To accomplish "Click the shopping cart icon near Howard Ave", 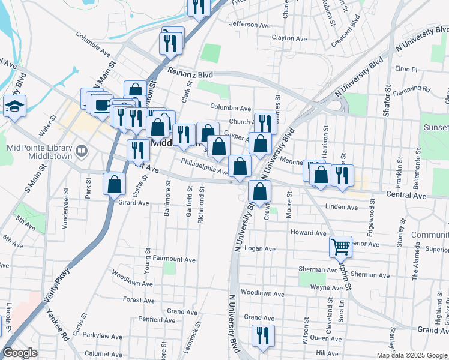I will tap(340, 246).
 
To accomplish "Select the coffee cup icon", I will tap(101, 105).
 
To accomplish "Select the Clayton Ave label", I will tap(289, 38).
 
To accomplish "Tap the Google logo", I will tap(19, 353).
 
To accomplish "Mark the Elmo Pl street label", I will tap(406, 69).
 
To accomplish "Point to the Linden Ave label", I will tap(341, 208).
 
